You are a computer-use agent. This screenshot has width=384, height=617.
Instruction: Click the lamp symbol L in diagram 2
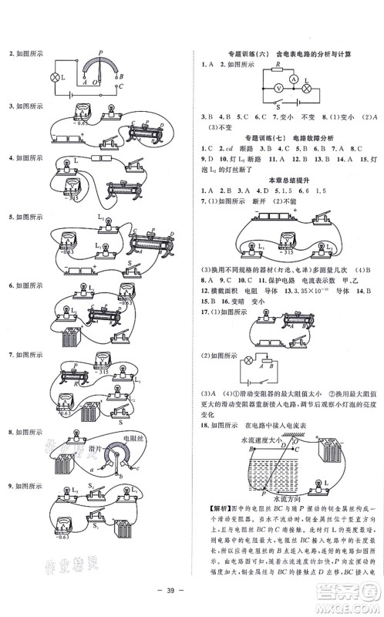pyautogui.click(x=55, y=78)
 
